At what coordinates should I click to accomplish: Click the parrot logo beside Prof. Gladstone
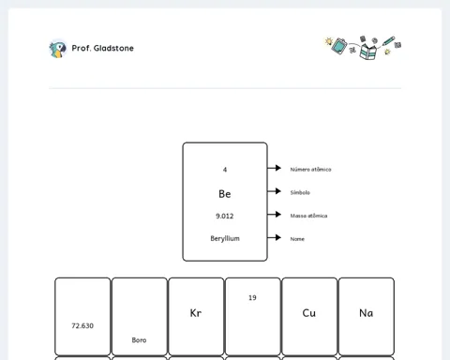[x=58, y=49]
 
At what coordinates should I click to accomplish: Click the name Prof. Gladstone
[x=103, y=48]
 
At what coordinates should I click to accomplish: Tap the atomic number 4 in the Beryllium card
[x=225, y=170]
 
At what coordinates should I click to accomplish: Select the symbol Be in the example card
[x=225, y=194]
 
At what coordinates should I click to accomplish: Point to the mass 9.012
[x=225, y=216]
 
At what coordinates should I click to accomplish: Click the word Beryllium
[x=225, y=238]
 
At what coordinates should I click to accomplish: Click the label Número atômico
[x=310, y=170]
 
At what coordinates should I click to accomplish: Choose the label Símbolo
[x=300, y=192]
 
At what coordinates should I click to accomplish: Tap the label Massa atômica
[x=308, y=216]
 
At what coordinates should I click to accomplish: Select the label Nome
[x=297, y=239]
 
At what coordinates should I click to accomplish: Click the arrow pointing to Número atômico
[x=274, y=168]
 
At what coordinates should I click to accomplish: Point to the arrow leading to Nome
[x=274, y=237]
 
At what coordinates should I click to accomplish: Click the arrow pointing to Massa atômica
[x=274, y=214]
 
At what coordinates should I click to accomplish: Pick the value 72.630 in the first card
[x=82, y=325]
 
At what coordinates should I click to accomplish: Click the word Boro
[x=139, y=340]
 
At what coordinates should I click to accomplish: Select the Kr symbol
[x=196, y=313]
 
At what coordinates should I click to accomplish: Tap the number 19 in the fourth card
[x=252, y=298]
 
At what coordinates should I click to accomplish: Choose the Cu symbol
[x=309, y=313]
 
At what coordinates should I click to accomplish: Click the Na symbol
[x=366, y=313]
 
